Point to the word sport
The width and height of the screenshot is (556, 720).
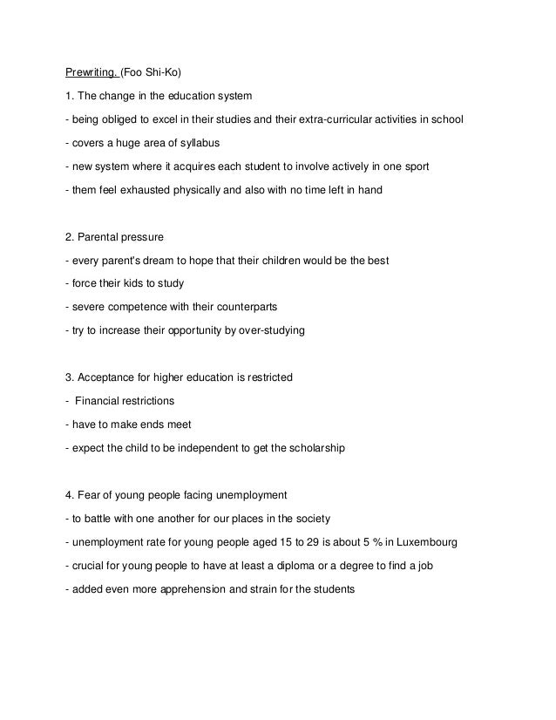click(x=417, y=166)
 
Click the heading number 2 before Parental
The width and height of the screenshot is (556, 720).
click(x=69, y=236)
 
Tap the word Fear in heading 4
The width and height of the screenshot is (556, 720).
click(x=89, y=495)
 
